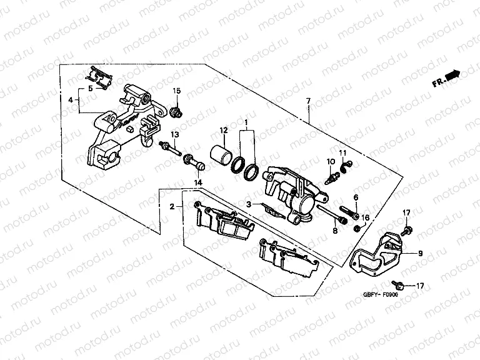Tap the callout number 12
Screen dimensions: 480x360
pos(222,131)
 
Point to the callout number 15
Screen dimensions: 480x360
pos(176,91)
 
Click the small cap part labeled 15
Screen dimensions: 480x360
pos(176,112)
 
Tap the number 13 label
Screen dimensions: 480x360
pos(175,134)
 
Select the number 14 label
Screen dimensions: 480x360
pos(198,182)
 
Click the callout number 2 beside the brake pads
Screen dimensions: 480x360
pos(172,206)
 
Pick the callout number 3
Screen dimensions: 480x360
pos(248,204)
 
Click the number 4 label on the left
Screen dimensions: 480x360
pos(71,99)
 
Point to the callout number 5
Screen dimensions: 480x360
pos(89,89)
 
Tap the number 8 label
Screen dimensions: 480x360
pos(335,231)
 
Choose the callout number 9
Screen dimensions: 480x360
pos(420,253)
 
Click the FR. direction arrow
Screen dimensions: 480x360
pos(446,78)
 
